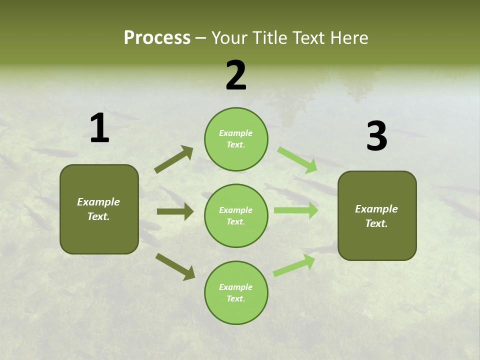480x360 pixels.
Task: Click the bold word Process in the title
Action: pyautogui.click(x=157, y=38)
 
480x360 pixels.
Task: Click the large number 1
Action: pyautogui.click(x=99, y=128)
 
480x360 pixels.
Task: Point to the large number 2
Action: pyautogui.click(x=236, y=76)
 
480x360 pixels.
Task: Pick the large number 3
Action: pyautogui.click(x=376, y=136)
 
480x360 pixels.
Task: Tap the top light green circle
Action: pyautogui.click(x=236, y=139)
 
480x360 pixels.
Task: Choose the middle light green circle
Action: pyautogui.click(x=236, y=216)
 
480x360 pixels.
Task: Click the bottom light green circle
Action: pyautogui.click(x=236, y=293)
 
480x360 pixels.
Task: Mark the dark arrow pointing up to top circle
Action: pyautogui.click(x=173, y=159)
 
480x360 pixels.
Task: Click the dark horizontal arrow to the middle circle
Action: pyautogui.click(x=175, y=211)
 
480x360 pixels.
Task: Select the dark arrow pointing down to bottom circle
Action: pyautogui.click(x=175, y=266)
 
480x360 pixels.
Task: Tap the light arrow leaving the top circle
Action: pyautogui.click(x=297, y=160)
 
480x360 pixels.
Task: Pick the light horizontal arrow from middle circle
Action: pyautogui.click(x=295, y=210)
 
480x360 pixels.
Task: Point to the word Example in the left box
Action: pyautogui.click(x=98, y=202)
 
